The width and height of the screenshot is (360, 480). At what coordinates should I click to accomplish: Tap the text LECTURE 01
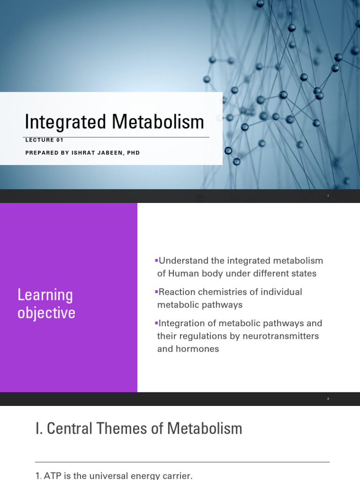[x=44, y=140]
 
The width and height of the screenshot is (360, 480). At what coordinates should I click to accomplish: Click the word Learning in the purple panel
[x=45, y=295]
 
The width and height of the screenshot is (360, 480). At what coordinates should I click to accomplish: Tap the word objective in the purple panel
[x=46, y=313]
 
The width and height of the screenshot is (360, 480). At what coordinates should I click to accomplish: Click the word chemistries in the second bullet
[x=220, y=292]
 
